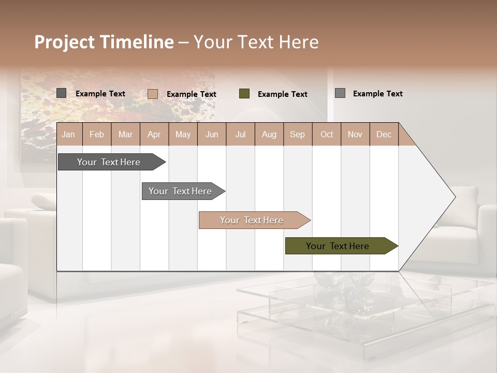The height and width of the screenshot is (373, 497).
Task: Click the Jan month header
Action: pyautogui.click(x=68, y=135)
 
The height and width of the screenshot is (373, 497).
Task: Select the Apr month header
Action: pyautogui.click(x=154, y=135)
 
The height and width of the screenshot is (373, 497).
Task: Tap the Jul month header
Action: pyautogui.click(x=240, y=135)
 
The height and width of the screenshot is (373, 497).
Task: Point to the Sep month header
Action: pyautogui.click(x=297, y=135)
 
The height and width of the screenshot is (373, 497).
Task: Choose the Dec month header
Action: pyautogui.click(x=384, y=135)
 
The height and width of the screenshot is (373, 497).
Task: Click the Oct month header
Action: pyautogui.click(x=327, y=135)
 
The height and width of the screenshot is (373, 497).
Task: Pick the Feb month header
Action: pyautogui.click(x=97, y=135)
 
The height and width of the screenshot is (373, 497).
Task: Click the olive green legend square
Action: pyautogui.click(x=244, y=94)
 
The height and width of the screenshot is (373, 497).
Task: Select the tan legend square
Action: pyautogui.click(x=153, y=94)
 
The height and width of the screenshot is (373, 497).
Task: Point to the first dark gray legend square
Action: pyautogui.click(x=62, y=93)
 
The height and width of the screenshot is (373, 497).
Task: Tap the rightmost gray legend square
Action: pyautogui.click(x=340, y=93)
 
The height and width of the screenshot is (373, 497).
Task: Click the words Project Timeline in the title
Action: pyautogui.click(x=104, y=42)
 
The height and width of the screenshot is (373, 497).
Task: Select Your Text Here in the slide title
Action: pyautogui.click(x=256, y=42)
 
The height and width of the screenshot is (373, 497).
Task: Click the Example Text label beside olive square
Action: pyautogui.click(x=282, y=94)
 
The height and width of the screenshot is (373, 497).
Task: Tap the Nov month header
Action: pyautogui.click(x=355, y=135)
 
